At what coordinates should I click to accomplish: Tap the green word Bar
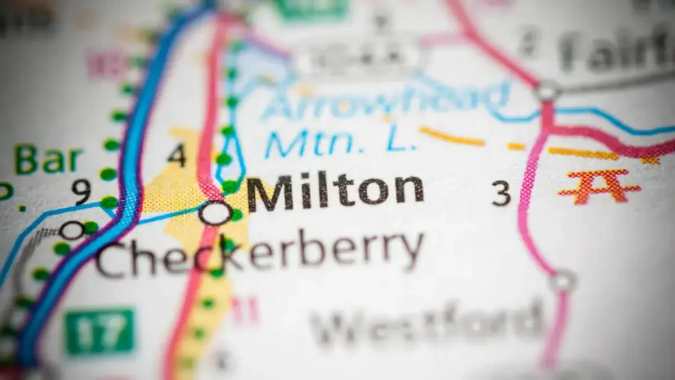click(49, 160)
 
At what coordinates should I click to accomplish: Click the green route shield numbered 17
click(100, 332)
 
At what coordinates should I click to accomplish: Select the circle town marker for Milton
click(215, 213)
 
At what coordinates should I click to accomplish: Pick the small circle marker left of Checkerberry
click(71, 230)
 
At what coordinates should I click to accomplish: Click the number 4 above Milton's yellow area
click(177, 155)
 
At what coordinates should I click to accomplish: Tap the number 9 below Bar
click(82, 191)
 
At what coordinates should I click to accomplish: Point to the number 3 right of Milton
click(501, 193)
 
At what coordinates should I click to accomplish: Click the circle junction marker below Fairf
click(548, 91)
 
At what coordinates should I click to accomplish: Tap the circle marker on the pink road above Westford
click(562, 280)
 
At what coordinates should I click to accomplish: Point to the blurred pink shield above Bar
click(103, 63)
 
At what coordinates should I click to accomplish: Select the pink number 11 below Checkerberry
click(246, 310)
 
